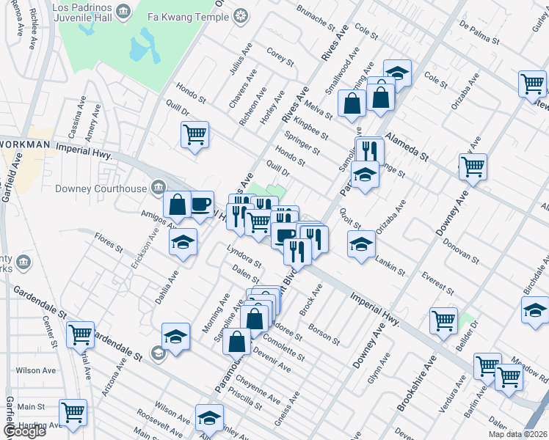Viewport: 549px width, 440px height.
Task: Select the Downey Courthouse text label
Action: tap(101, 188)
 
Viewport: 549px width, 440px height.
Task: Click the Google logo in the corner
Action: tap(24, 431)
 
